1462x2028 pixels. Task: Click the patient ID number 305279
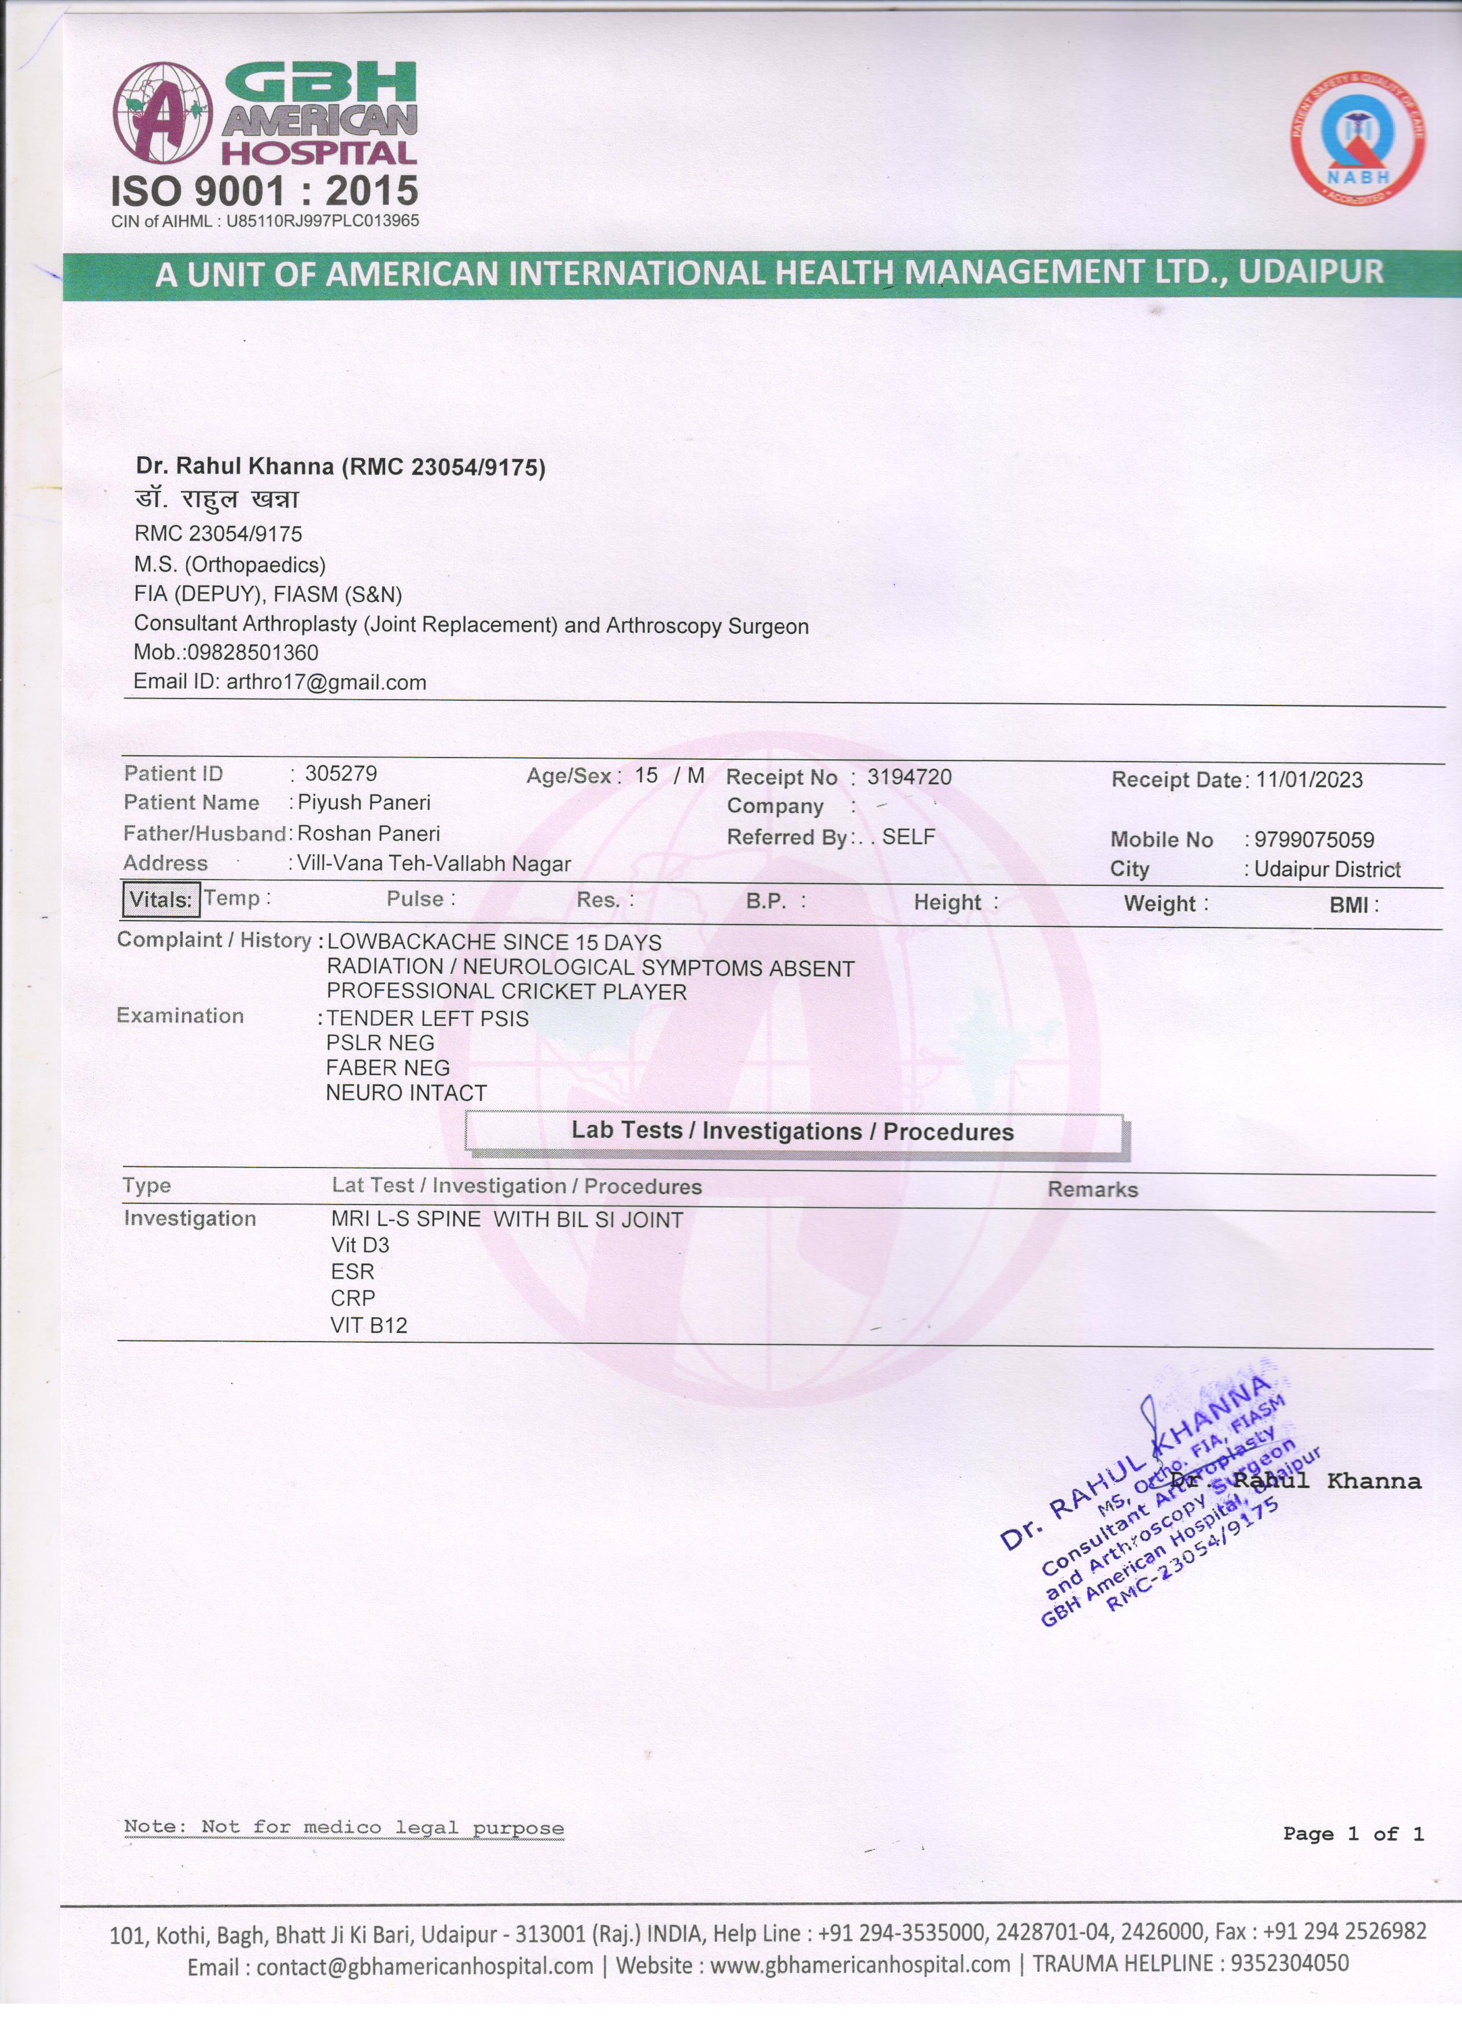341,774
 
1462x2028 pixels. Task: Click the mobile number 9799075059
1313,840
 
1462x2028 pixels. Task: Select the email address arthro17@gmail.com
326,682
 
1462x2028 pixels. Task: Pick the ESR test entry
352,1272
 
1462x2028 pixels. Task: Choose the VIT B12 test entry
368,1325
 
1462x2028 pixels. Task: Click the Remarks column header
1092,1190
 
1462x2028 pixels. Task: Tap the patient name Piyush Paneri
364,803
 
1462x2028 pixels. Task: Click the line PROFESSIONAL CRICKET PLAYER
506,992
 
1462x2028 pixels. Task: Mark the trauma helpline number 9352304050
1290,1964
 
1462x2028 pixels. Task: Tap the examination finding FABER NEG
387,1067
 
